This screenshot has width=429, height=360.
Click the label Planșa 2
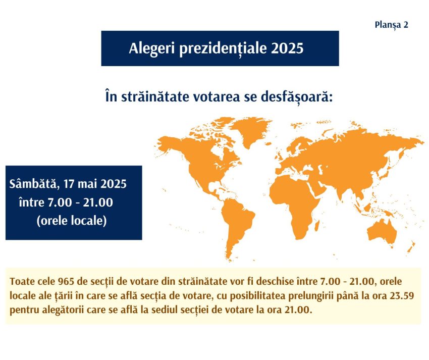pyautogui.click(x=392, y=24)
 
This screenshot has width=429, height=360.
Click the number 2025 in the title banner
pyautogui.click(x=287, y=48)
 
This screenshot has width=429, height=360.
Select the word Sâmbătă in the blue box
pyautogui.click(x=31, y=183)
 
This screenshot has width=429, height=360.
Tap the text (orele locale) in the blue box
pyautogui.click(x=72, y=221)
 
